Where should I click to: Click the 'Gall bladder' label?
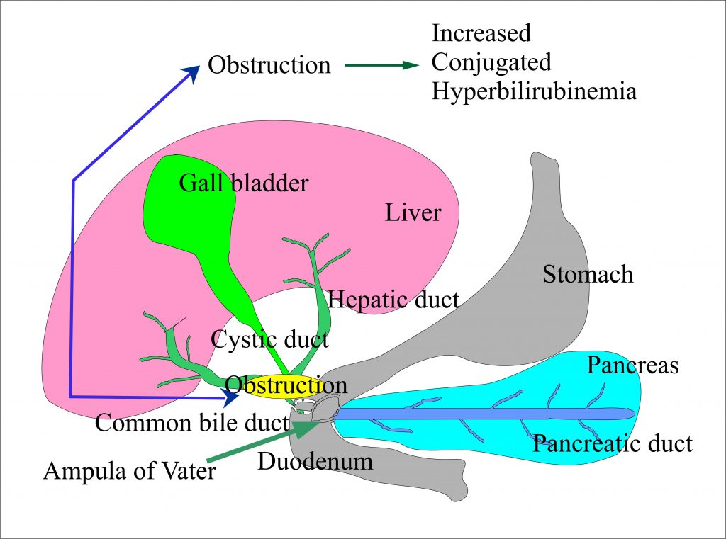(243, 183)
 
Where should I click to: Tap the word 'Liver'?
(413, 212)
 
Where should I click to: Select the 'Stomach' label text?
(588, 274)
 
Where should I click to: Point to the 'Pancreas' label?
(632, 365)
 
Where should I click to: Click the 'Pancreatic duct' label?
(613, 444)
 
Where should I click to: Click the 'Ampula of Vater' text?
(130, 470)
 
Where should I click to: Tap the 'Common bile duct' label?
(192, 424)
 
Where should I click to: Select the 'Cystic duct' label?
(269, 339)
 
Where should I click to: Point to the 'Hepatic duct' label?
(393, 299)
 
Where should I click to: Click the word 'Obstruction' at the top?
(269, 65)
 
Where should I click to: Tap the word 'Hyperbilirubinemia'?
(534, 92)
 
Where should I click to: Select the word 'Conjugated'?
(491, 62)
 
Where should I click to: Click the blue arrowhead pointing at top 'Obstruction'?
(191, 72)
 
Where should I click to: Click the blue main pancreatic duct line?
(482, 414)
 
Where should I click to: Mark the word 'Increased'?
(481, 33)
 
